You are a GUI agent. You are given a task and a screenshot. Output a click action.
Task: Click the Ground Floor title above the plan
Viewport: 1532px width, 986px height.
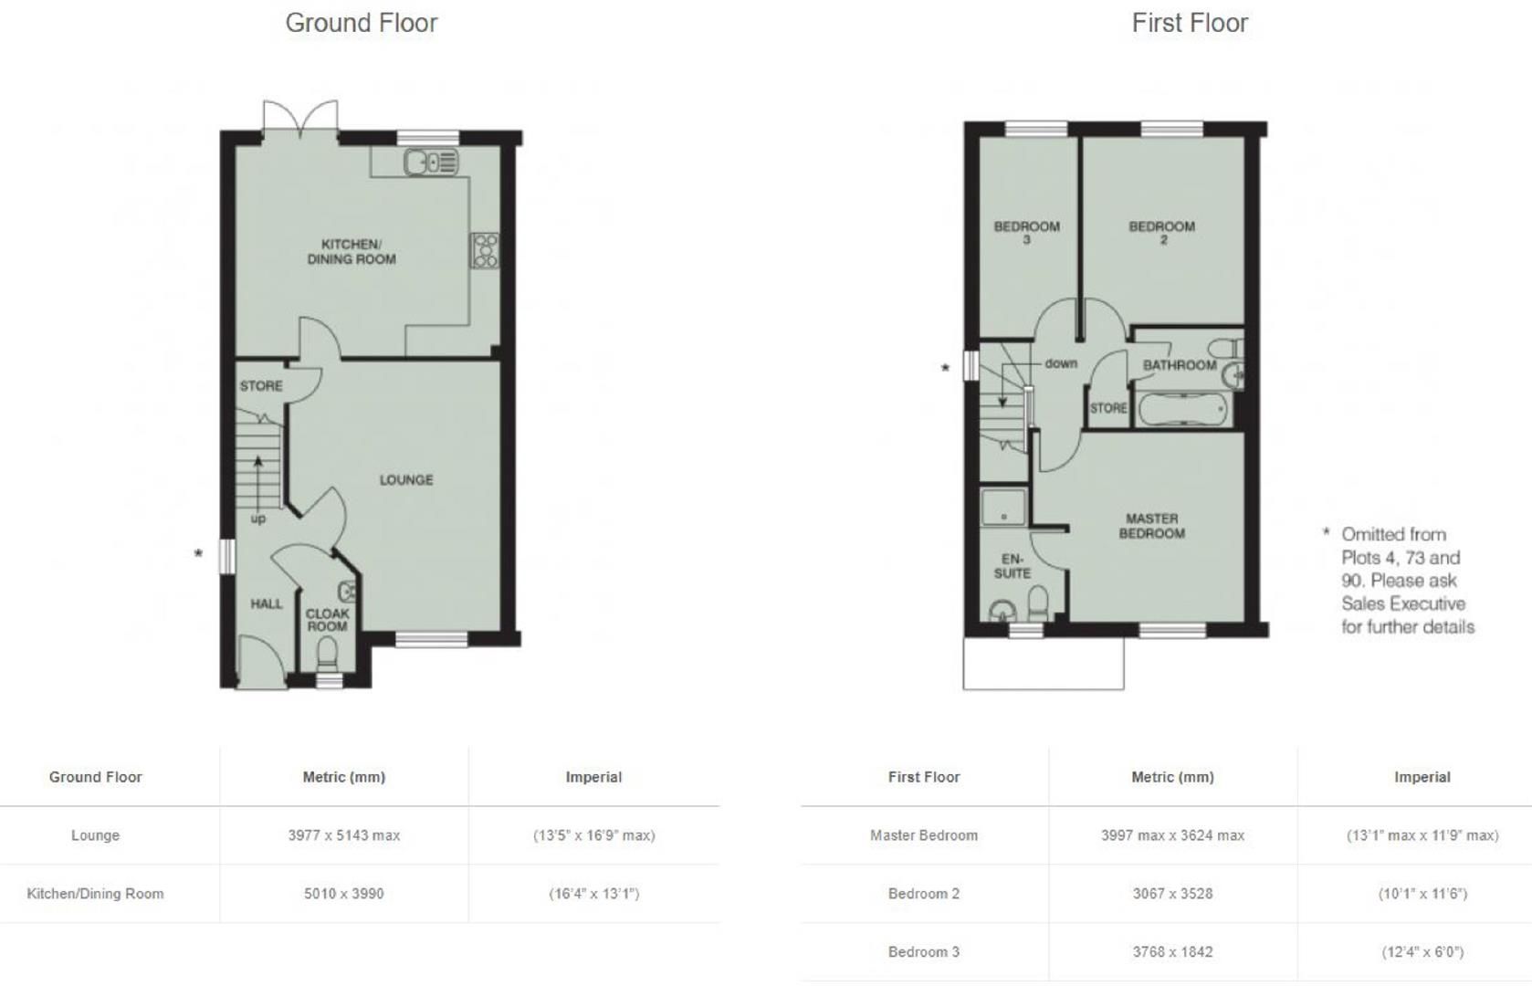click(362, 23)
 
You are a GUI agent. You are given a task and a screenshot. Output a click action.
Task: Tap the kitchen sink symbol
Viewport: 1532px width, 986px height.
click(430, 163)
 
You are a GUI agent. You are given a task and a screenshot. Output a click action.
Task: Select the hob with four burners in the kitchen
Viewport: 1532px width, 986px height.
click(485, 250)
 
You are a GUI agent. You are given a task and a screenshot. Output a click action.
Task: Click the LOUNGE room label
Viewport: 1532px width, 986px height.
click(406, 479)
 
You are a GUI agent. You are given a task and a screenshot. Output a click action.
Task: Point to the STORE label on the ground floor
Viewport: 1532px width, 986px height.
click(261, 386)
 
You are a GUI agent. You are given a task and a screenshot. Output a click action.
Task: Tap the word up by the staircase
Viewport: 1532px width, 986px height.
click(258, 519)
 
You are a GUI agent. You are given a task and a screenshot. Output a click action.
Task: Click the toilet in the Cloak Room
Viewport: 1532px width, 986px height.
click(326, 653)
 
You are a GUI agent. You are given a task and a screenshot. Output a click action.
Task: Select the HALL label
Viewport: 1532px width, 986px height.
click(267, 603)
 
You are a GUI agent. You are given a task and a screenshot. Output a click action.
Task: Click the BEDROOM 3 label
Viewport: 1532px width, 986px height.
click(1027, 232)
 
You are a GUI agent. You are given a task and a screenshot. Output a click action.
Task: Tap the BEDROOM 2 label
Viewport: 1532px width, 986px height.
click(1161, 232)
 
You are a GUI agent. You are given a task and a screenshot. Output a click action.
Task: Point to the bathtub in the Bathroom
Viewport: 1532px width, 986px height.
click(1183, 411)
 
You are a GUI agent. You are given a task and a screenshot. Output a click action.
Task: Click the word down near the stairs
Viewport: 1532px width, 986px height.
click(1061, 363)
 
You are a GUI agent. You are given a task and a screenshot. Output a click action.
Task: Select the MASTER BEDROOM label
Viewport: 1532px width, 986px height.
click(1152, 526)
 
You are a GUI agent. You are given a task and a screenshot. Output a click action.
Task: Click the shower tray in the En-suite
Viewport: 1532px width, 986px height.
click(1002, 507)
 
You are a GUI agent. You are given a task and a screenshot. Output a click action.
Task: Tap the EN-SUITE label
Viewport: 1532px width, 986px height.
click(1012, 566)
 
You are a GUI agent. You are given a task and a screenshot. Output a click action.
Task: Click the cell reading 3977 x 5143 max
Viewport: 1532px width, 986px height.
click(344, 835)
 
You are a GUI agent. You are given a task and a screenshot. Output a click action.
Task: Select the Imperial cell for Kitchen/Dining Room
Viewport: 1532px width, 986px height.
click(593, 894)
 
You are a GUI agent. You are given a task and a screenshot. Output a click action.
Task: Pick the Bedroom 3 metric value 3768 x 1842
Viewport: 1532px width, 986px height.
click(1172, 952)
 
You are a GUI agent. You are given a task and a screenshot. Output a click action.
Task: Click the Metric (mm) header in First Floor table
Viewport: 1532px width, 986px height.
click(1172, 777)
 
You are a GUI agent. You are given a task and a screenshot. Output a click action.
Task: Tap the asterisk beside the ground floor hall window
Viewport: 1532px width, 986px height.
click(198, 554)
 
